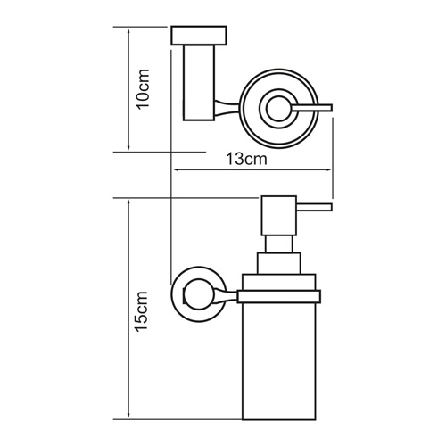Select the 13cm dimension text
tap(245, 159)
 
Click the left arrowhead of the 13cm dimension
tap(175, 170)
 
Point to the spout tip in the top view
tap(327, 108)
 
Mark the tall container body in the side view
tap(277, 366)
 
